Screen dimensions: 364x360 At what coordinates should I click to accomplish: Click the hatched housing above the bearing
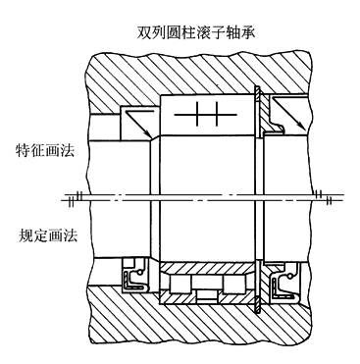196,69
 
